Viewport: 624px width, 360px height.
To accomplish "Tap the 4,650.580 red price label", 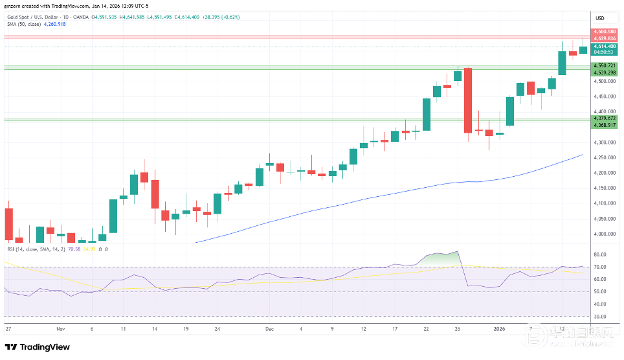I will pyautogui.click(x=604, y=31).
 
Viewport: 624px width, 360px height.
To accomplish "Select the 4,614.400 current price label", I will pyautogui.click(x=604, y=47).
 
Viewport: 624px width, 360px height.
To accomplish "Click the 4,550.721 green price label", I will pyautogui.click(x=604, y=66).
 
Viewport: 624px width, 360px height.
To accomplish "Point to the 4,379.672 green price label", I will pyautogui.click(x=604, y=118).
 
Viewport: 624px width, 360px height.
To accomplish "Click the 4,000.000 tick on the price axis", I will pyautogui.click(x=603, y=234).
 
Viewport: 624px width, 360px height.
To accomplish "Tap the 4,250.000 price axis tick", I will pyautogui.click(x=603, y=157).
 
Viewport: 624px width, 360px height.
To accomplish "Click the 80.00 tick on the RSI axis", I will pyautogui.click(x=599, y=254).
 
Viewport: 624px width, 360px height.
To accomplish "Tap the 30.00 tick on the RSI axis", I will pyautogui.click(x=599, y=317).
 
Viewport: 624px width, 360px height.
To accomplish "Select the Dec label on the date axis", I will pyautogui.click(x=269, y=328).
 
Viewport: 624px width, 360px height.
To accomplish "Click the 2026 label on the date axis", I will pyautogui.click(x=499, y=328).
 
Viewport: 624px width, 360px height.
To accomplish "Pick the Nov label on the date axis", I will pyautogui.click(x=60, y=328).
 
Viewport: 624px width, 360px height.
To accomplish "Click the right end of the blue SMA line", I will pyautogui.click(x=583, y=155).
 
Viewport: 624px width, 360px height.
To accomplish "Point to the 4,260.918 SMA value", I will pyautogui.click(x=56, y=24).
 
